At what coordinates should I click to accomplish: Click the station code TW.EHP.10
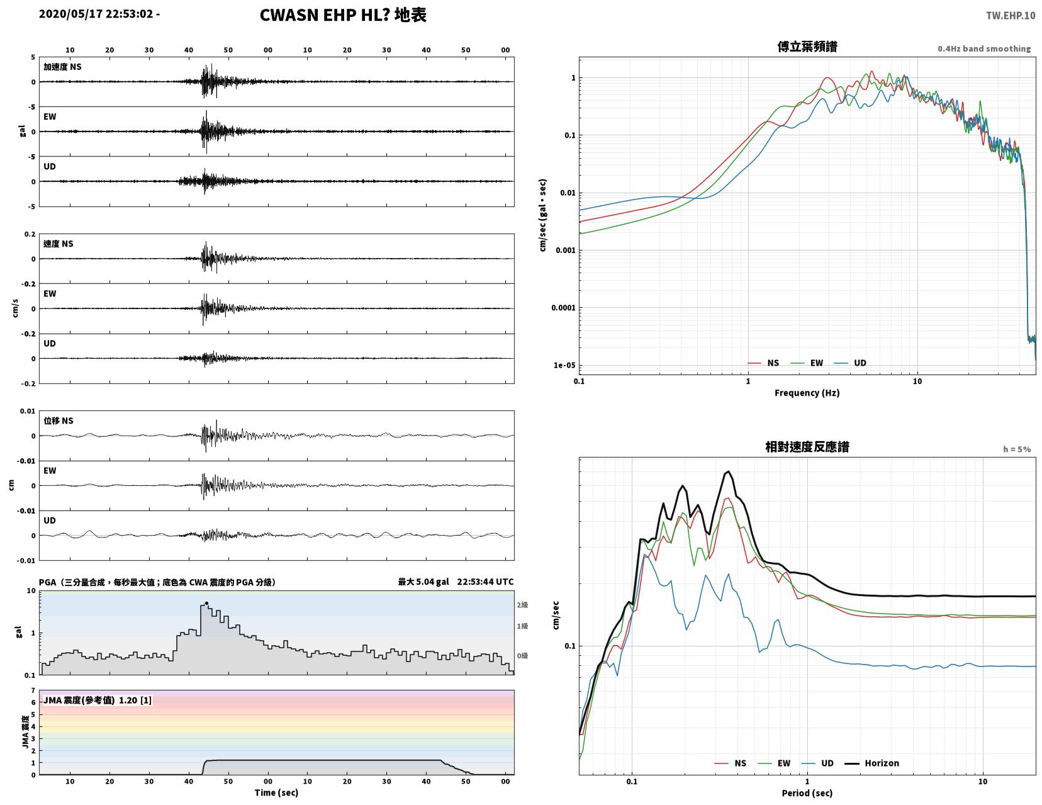1011,16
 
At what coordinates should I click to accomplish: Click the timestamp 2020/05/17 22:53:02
96,14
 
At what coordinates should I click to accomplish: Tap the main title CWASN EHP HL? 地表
343,15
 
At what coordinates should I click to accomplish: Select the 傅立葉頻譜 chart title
807,47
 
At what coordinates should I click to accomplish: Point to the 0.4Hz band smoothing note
984,48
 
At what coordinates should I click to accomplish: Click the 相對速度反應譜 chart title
807,447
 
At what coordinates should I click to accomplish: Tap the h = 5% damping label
1017,449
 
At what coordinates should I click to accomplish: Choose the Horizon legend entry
871,763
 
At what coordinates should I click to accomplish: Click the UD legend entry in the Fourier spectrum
850,363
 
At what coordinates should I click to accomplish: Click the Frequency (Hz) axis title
807,393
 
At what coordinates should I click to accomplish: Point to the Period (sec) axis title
807,793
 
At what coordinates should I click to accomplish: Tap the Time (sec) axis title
276,792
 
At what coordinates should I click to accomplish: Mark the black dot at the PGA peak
206,604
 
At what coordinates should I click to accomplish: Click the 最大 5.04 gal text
423,582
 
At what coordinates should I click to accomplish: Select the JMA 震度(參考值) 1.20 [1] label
98,700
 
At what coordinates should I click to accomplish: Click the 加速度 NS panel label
62,67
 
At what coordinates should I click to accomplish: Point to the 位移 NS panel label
59,420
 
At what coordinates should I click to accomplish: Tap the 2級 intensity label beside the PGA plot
522,605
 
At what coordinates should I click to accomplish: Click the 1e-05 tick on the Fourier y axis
564,365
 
